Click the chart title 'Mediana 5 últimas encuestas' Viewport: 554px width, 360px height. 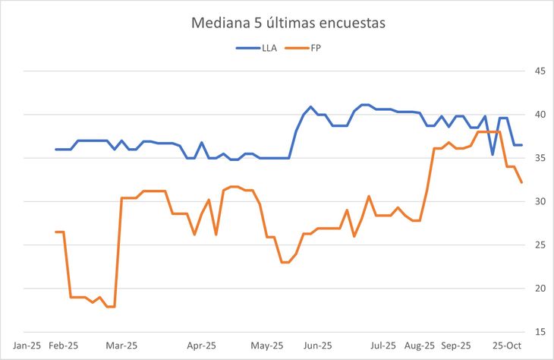tap(288, 24)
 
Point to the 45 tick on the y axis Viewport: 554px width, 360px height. tap(541, 71)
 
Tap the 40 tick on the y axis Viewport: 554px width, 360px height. tap(541, 115)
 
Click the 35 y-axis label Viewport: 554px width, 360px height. tap(541, 158)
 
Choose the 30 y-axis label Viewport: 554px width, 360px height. tap(541, 201)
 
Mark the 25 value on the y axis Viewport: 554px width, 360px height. tap(541, 245)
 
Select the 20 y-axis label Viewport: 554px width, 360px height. tap(541, 288)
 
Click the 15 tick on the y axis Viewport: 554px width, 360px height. tap(541, 332)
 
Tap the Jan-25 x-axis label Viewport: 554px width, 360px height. tap(27, 345)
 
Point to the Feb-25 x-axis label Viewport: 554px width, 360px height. tap(64, 345)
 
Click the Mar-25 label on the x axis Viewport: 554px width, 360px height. tap(122, 345)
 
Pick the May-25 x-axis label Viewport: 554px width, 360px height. tap(267, 345)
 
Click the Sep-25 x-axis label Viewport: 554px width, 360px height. tap(456, 345)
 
